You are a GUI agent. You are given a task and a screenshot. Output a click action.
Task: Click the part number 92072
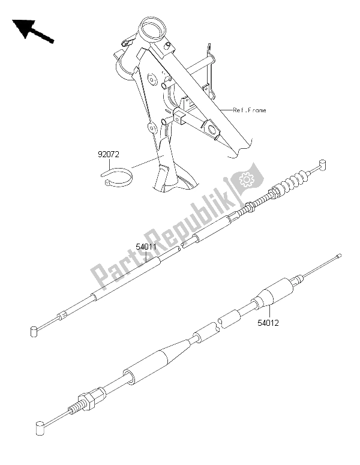[x=109, y=155]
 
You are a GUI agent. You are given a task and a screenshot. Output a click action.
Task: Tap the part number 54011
[x=146, y=247]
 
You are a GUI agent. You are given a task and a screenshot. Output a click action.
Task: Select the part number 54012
[x=268, y=323]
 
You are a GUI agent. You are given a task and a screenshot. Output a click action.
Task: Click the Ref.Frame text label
[x=250, y=110]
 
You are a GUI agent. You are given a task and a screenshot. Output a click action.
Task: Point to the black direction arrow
[x=32, y=30]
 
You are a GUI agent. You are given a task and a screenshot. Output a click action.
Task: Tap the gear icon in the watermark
[x=245, y=179]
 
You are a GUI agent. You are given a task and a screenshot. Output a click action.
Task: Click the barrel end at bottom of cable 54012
[x=40, y=428]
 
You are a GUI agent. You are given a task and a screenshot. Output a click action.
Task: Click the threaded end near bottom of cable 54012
[x=74, y=410]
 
